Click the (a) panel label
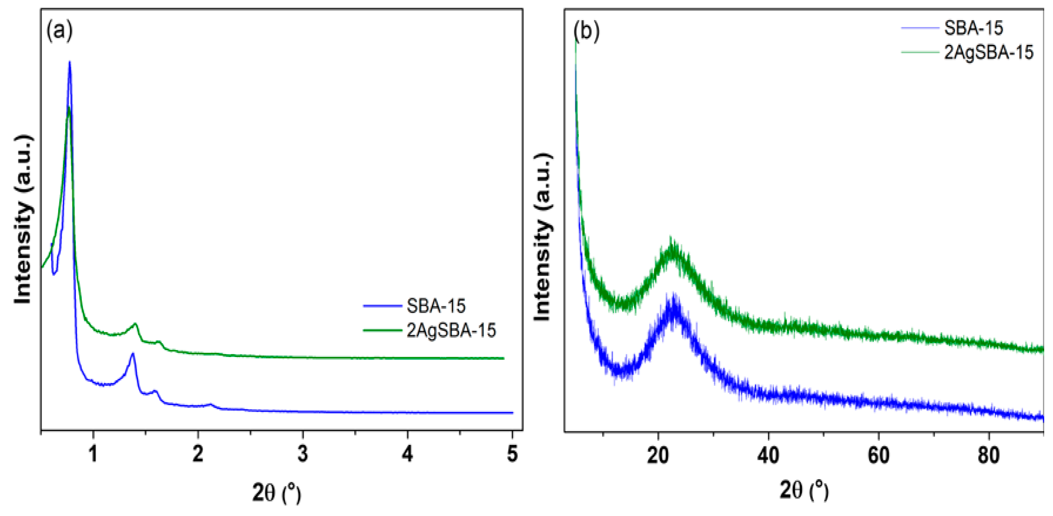coord(60,31)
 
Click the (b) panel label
coord(587,31)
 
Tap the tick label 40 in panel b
coord(768,455)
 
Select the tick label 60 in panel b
coord(878,455)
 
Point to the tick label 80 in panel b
coord(989,455)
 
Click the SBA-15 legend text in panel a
coord(436,306)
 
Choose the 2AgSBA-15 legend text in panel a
coord(451,330)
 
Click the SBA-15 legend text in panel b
coord(973,28)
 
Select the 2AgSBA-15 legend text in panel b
coord(989,52)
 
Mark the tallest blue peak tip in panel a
coord(69,62)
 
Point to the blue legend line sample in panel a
coord(383,306)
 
